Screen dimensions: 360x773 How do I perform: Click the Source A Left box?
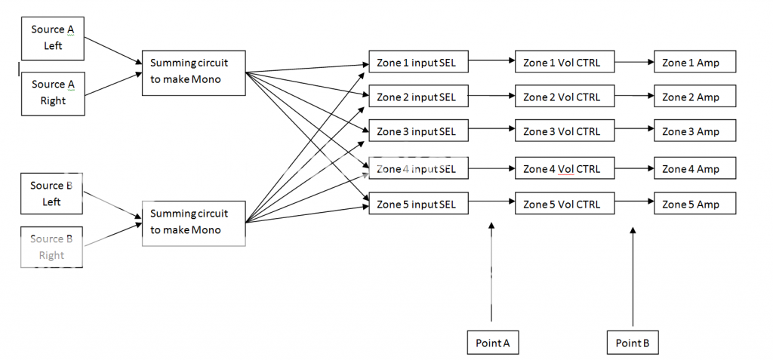pyautogui.click(x=52, y=38)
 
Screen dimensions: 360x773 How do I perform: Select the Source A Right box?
pyautogui.click(x=52, y=93)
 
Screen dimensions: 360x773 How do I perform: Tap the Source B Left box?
pyautogui.click(x=51, y=193)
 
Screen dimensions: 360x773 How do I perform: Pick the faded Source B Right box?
pyautogui.click(x=51, y=247)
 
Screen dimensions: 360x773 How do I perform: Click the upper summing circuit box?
pyautogui.click(x=193, y=72)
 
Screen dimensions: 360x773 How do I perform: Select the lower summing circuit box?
pyautogui.click(x=193, y=222)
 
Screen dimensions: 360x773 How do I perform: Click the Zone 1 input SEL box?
pyautogui.click(x=418, y=62)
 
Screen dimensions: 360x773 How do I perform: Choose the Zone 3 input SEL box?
pyautogui.click(x=418, y=132)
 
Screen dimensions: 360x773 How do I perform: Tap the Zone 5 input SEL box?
pyautogui.click(x=418, y=204)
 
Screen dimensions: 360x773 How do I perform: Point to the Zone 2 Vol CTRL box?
pyautogui.click(x=565, y=97)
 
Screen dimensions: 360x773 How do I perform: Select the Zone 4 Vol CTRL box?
pyautogui.click(x=565, y=169)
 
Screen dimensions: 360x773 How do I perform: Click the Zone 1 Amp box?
pyautogui.click(x=694, y=62)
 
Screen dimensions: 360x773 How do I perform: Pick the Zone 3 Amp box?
pyautogui.click(x=694, y=132)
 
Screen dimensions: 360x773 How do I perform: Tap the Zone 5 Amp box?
pyautogui.click(x=694, y=204)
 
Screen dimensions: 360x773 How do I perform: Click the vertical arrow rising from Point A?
pyautogui.click(x=491, y=272)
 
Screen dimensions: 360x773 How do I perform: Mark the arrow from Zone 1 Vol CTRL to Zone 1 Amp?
pyautogui.click(x=634, y=62)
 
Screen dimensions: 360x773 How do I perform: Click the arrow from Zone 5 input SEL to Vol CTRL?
pyautogui.click(x=491, y=202)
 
